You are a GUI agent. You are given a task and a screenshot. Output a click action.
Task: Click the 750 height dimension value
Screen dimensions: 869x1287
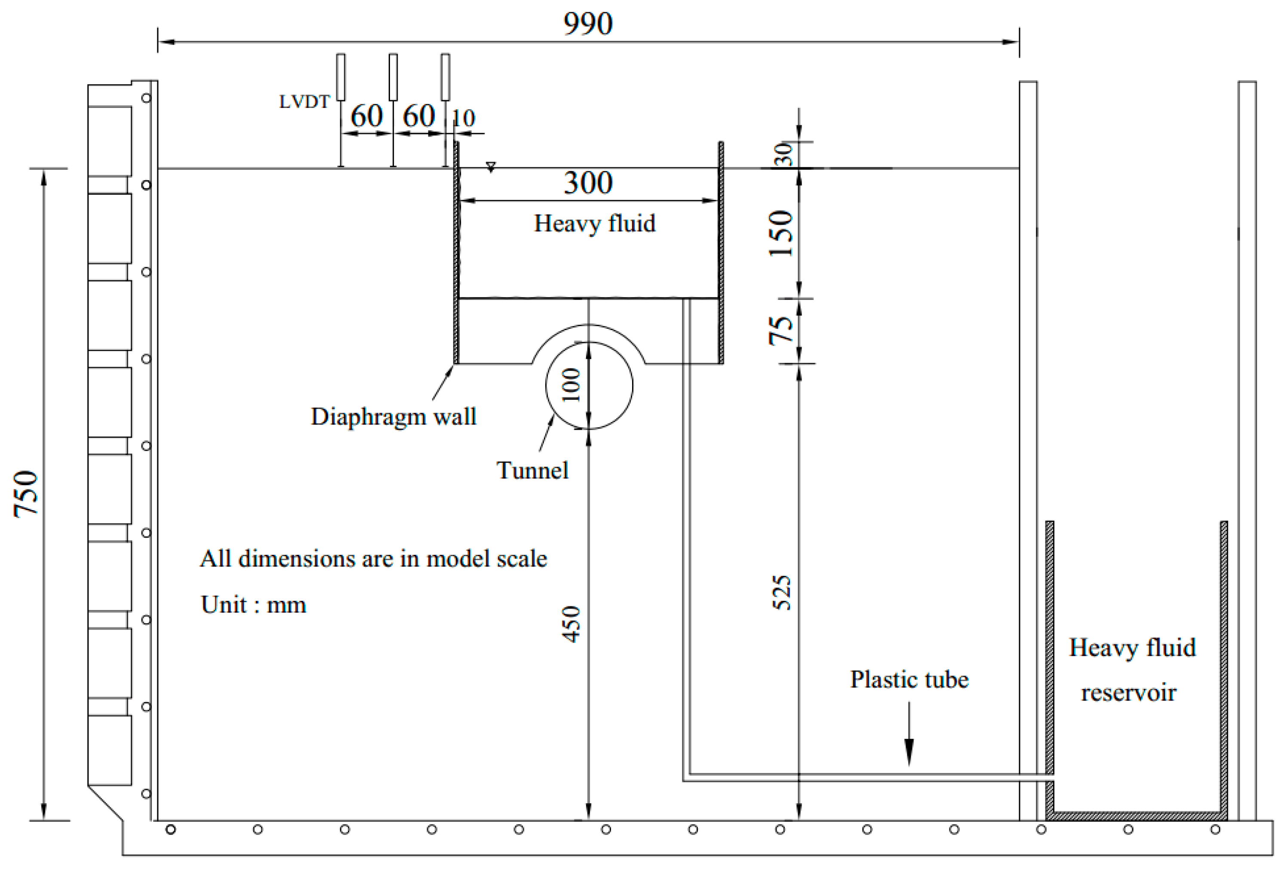click(x=26, y=494)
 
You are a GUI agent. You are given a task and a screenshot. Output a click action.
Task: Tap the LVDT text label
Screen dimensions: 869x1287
click(x=304, y=102)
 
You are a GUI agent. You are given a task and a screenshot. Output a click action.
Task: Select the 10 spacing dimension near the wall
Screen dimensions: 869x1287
click(x=464, y=118)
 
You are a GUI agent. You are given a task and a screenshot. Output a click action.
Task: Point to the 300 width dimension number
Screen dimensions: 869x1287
click(x=588, y=183)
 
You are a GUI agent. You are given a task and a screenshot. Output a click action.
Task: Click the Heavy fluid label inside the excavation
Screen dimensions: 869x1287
click(x=594, y=223)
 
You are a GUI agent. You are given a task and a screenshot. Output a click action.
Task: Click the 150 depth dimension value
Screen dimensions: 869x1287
click(x=781, y=233)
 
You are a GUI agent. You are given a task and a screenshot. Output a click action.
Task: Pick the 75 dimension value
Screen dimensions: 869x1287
click(x=781, y=331)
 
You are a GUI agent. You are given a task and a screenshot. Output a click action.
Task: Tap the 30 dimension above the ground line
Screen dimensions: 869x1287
click(x=783, y=154)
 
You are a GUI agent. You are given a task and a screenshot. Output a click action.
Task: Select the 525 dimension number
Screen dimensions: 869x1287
click(x=781, y=593)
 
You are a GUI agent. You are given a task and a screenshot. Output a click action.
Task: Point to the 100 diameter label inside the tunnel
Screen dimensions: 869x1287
click(x=571, y=385)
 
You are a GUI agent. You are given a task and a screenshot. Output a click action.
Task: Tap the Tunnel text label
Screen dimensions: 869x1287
click(x=532, y=471)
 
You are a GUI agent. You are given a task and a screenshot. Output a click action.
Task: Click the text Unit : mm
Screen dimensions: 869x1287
click(x=253, y=604)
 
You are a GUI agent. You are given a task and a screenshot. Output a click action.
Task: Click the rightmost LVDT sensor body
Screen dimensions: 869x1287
click(x=445, y=77)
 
